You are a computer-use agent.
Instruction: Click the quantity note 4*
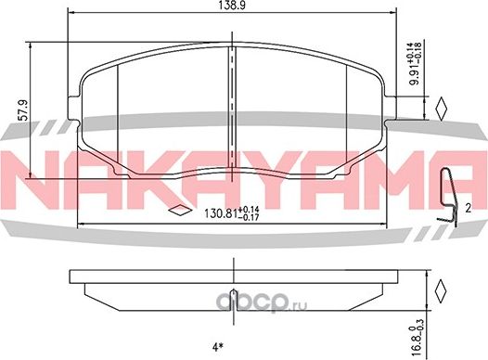click(x=218, y=348)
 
